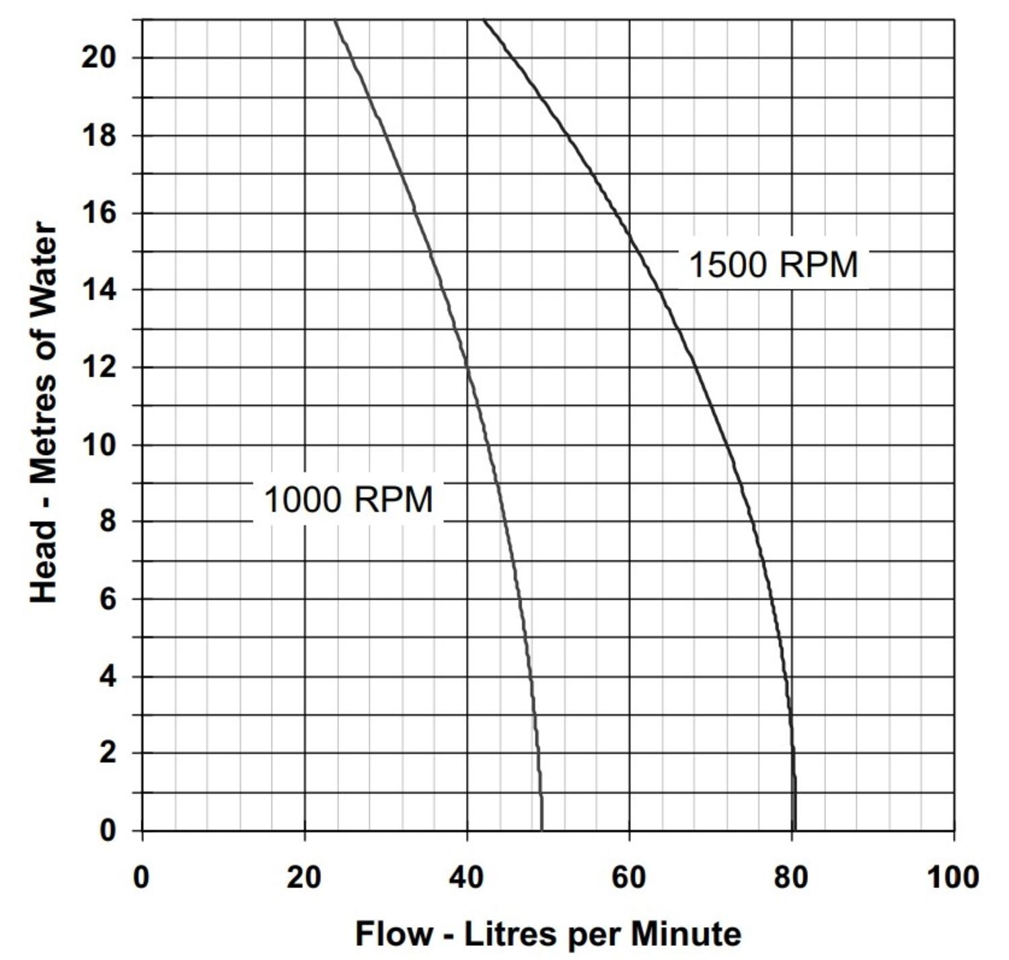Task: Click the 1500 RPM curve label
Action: (x=774, y=264)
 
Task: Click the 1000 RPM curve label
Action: (x=348, y=500)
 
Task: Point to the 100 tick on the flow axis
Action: (x=952, y=877)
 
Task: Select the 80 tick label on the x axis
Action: (x=791, y=877)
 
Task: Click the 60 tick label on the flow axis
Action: (x=629, y=877)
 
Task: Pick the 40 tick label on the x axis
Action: (x=466, y=877)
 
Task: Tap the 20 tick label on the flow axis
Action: (x=304, y=877)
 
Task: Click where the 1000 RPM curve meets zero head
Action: (x=541, y=831)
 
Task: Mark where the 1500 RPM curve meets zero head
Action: (x=794, y=831)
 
